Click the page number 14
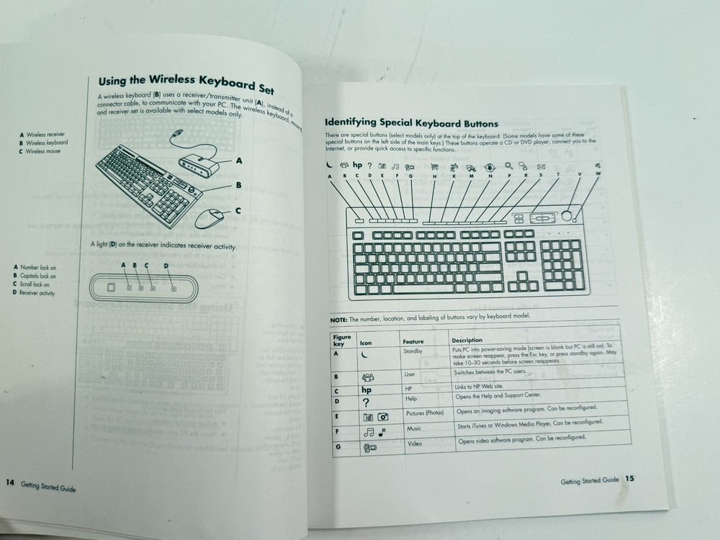click(x=10, y=482)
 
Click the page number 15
click(x=629, y=477)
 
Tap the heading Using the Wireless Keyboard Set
click(x=186, y=85)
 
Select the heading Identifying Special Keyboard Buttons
click(x=411, y=123)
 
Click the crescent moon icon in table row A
click(x=364, y=355)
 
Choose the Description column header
click(x=467, y=340)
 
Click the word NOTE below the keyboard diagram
click(x=338, y=320)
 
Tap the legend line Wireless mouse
click(x=41, y=152)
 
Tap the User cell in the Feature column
click(x=409, y=374)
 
